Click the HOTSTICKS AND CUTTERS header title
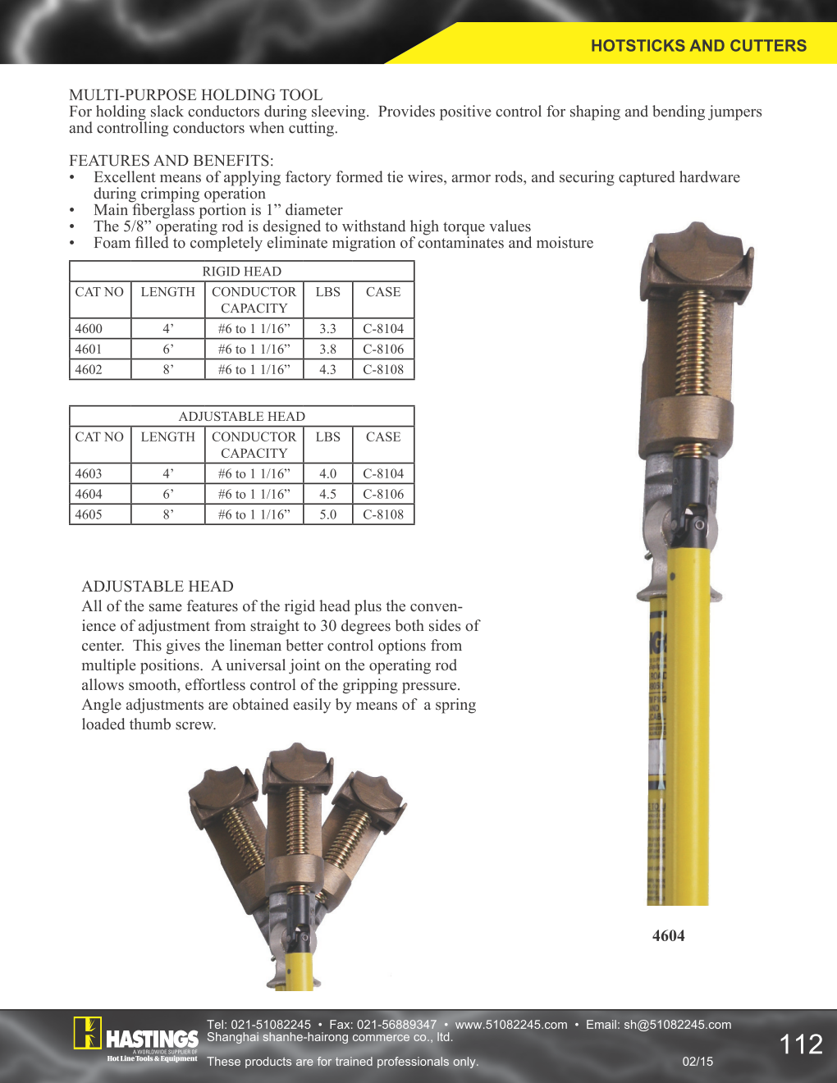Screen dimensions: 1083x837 click(698, 46)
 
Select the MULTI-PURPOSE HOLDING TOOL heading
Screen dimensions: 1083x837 click(195, 95)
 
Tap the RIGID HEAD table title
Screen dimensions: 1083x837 click(241, 272)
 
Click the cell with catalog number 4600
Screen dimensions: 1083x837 click(89, 329)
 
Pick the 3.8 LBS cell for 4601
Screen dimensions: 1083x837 click(327, 350)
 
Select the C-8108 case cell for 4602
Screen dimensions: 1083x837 click(383, 370)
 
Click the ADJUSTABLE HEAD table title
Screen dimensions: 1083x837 click(241, 417)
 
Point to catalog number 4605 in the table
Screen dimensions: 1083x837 click(89, 515)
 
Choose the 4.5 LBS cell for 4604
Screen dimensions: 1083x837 click(327, 495)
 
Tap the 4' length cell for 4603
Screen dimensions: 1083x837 click(167, 474)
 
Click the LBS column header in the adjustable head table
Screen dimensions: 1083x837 click(327, 437)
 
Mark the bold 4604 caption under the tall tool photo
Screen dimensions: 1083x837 click(668, 936)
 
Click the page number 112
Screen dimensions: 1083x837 click(800, 1044)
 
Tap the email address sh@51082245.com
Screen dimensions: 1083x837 click(677, 1025)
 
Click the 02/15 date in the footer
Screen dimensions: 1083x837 click(697, 1062)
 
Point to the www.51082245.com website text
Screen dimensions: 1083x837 click(511, 1025)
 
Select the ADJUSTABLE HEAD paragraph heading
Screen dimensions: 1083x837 click(158, 587)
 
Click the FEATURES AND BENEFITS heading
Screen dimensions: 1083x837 click(171, 161)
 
